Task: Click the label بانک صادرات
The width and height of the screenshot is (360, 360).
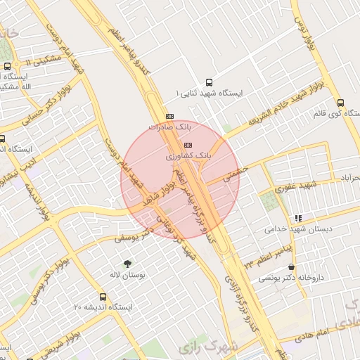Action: [x=170, y=127]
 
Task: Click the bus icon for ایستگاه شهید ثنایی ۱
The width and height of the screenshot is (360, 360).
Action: [x=207, y=82]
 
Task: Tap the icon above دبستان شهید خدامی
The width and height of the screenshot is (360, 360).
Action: [x=299, y=219]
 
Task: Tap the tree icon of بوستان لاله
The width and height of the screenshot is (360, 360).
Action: [x=128, y=264]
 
